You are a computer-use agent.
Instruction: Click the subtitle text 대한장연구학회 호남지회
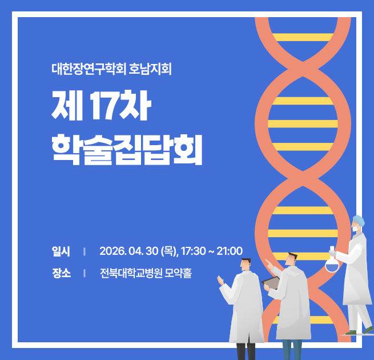pos(111,70)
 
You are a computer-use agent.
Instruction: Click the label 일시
pos(61,251)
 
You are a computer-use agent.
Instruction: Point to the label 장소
pos(61,273)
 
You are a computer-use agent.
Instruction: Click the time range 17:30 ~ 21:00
pos(212,251)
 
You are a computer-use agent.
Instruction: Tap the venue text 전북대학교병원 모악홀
pos(146,273)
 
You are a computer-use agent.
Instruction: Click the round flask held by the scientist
pos(332,264)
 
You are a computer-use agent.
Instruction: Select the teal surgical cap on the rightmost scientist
pos(358,221)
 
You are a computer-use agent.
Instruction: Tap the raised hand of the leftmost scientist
pos(220,280)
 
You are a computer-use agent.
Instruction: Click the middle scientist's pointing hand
pos(268,263)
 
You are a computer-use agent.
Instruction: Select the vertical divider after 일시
pos(84,251)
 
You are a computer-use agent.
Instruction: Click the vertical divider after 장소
pos(84,273)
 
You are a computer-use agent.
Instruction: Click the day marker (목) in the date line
pos(170,251)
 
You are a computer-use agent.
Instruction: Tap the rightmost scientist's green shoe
pos(368,330)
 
